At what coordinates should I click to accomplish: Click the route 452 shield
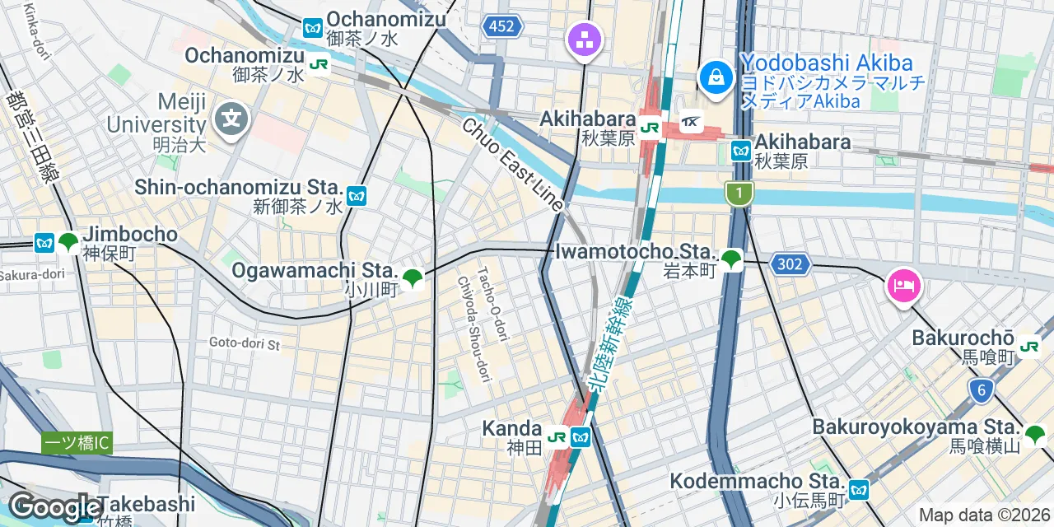[501, 26]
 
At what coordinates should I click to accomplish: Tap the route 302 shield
[790, 264]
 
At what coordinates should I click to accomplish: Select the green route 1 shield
[739, 194]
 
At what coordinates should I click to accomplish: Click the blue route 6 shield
[980, 391]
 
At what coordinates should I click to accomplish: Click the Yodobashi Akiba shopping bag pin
[716, 78]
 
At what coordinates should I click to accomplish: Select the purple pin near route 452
[585, 39]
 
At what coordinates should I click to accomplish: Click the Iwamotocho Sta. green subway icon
[730, 261]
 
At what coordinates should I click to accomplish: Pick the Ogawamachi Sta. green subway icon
[413, 279]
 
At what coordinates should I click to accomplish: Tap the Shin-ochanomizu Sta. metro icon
[356, 196]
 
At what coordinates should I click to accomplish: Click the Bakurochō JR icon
[1028, 347]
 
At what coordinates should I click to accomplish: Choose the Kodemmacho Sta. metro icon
[859, 490]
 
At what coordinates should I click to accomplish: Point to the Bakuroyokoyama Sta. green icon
[1035, 434]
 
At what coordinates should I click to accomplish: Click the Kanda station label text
[511, 428]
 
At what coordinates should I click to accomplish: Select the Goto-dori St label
[245, 343]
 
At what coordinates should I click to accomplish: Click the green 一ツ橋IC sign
[77, 443]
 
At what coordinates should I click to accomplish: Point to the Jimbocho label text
[130, 234]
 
